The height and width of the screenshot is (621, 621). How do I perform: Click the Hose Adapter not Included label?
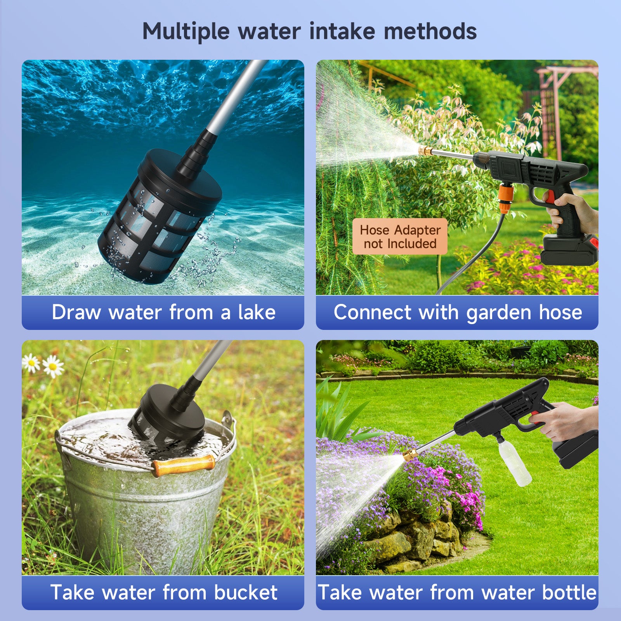pyautogui.click(x=400, y=237)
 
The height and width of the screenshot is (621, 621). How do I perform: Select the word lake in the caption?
pyautogui.click(x=257, y=312)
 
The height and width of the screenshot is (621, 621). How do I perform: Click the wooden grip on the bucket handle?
pyautogui.click(x=183, y=465)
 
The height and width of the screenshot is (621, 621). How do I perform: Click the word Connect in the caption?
pyautogui.click(x=372, y=312)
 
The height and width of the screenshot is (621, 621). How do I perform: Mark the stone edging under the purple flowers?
pyautogui.click(x=415, y=543)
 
